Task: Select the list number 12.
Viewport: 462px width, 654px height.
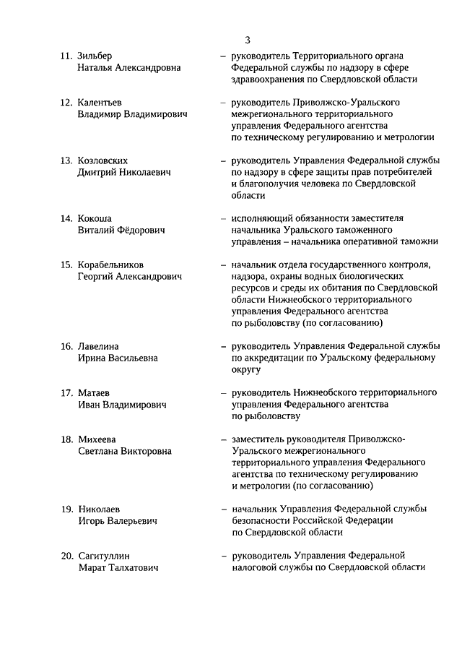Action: tap(66, 102)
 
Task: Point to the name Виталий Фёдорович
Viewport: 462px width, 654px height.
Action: tap(121, 230)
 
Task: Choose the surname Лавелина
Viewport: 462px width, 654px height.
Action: tap(98, 346)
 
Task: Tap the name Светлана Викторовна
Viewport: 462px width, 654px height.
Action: tap(125, 451)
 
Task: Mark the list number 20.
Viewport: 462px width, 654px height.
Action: tap(66, 555)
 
